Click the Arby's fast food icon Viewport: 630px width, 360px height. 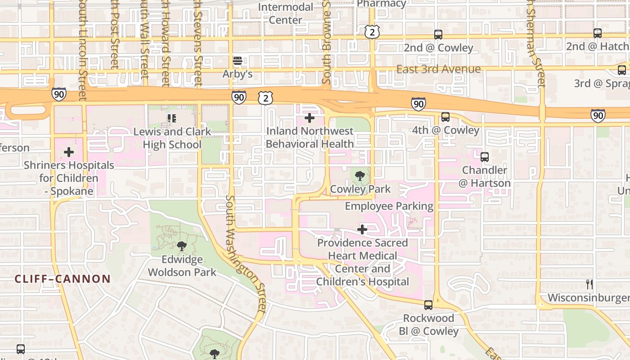click(x=238, y=61)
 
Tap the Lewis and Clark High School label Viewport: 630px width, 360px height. click(x=172, y=138)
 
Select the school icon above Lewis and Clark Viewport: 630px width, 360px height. click(x=171, y=118)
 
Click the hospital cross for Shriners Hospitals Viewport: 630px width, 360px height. click(x=69, y=152)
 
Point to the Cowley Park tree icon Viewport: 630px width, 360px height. click(x=360, y=176)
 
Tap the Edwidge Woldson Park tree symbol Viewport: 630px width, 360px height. click(x=182, y=246)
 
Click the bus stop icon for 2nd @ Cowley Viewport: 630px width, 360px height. click(x=438, y=35)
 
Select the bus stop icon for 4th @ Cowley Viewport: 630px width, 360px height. click(x=445, y=117)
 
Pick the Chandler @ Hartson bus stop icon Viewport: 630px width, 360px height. click(x=485, y=157)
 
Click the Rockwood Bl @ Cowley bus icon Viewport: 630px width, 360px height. click(x=428, y=305)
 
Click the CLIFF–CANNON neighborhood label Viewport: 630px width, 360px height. click(x=63, y=279)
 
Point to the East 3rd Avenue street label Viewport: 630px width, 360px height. click(x=438, y=69)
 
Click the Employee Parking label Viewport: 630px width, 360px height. click(x=389, y=206)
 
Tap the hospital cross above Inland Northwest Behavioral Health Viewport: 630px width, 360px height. click(x=310, y=118)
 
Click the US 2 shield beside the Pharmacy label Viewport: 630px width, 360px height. click(x=372, y=31)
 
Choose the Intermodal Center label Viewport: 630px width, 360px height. click(x=285, y=13)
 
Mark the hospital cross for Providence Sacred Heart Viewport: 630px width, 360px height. click(x=362, y=230)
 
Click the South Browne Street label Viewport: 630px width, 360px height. click(x=327, y=43)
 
